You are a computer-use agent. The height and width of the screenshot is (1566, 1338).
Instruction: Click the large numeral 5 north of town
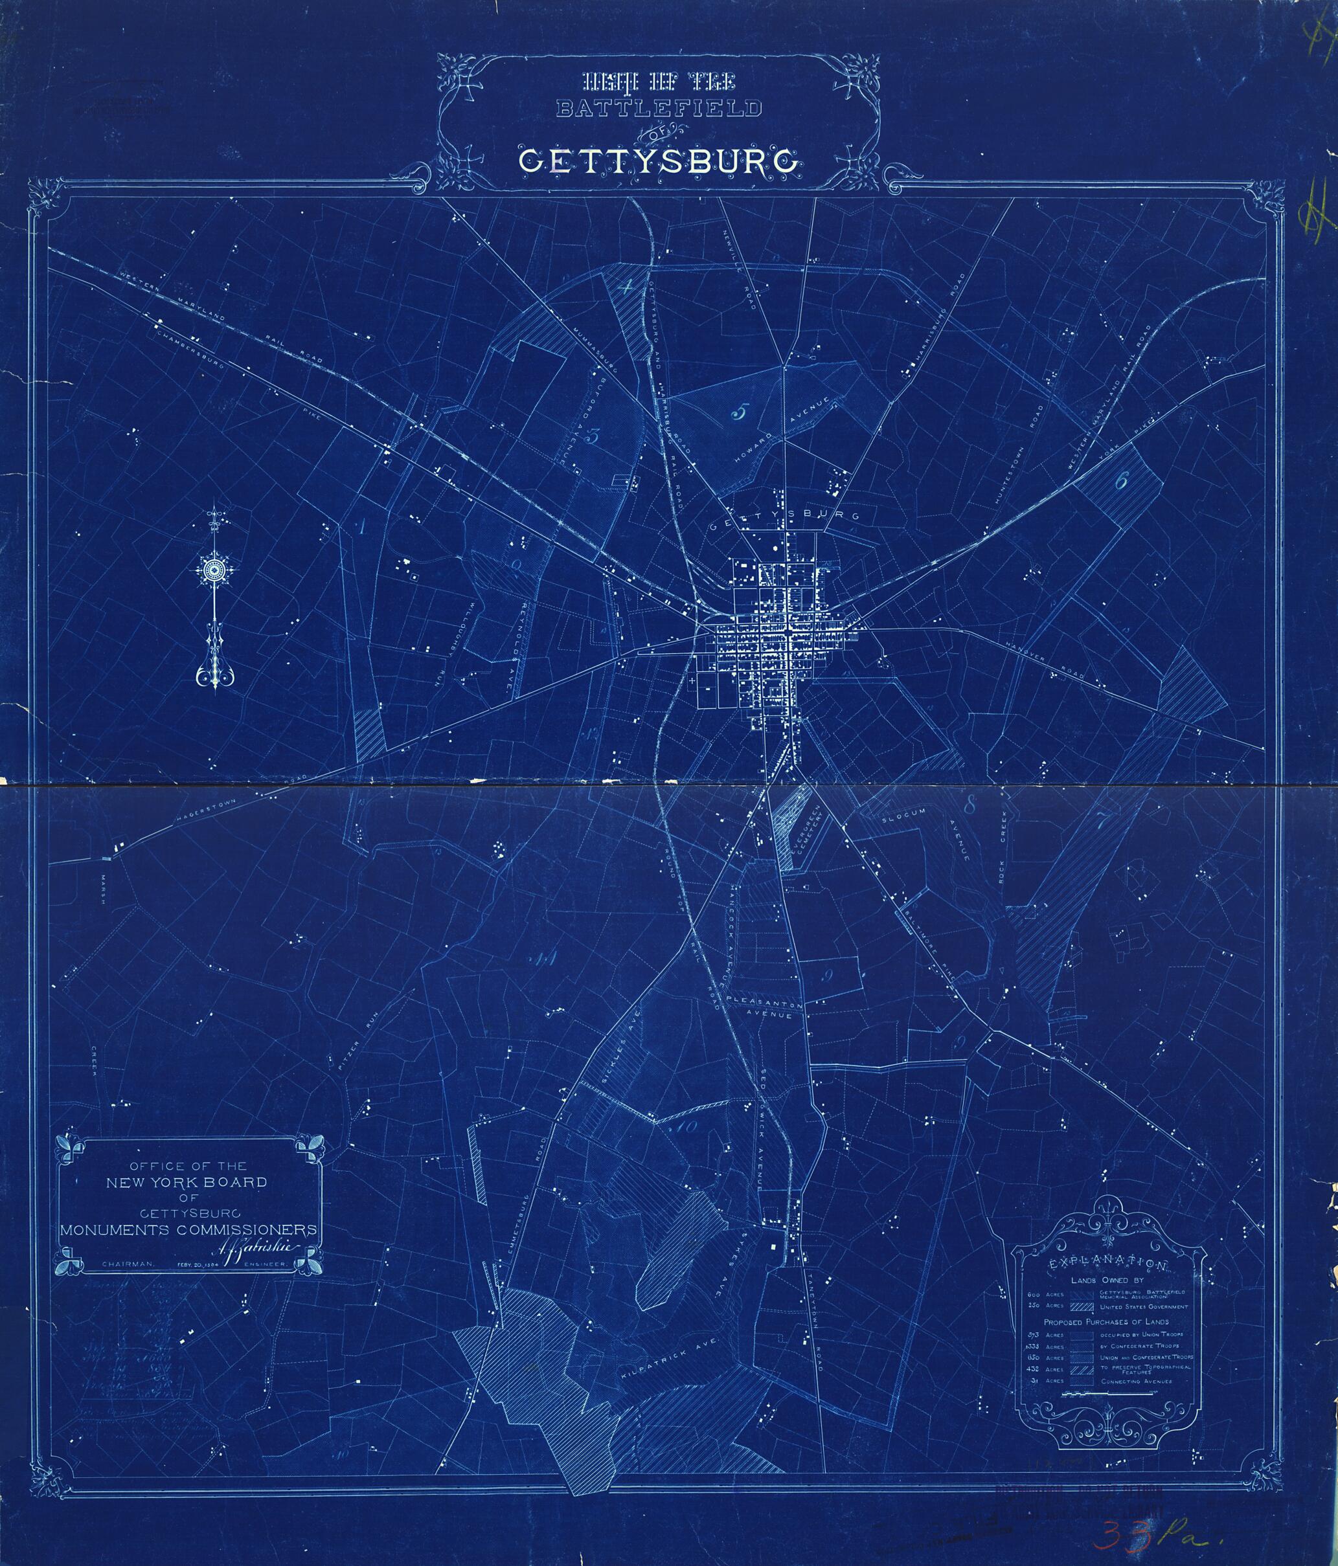click(740, 412)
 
